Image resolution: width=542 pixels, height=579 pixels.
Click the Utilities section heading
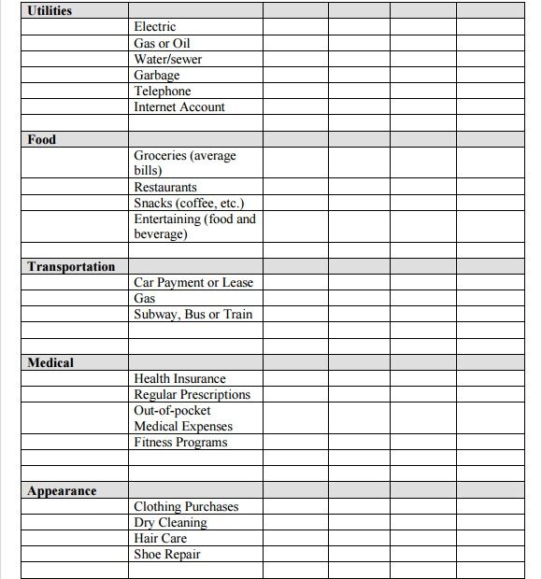[50, 11]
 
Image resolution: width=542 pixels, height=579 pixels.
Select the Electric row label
[154, 27]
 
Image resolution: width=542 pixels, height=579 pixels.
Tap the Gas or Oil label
[163, 43]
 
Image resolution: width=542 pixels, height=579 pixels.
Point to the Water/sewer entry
[167, 59]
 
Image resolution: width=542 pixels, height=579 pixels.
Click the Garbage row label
[156, 75]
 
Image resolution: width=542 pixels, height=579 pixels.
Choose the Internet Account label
[179, 106]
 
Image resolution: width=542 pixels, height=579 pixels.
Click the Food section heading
[42, 139]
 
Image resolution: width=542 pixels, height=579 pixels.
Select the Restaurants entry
[165, 187]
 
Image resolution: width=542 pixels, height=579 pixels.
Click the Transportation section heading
[71, 266]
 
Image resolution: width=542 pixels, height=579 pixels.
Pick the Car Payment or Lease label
[193, 282]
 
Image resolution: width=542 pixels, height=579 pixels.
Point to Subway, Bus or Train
[193, 314]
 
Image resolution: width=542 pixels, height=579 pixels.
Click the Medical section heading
[50, 362]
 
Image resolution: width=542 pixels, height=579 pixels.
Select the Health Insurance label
[179, 378]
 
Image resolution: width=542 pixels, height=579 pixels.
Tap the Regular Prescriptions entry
[192, 394]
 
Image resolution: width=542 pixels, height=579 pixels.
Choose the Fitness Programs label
[180, 442]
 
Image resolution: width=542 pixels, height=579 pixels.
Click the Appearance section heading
[62, 490]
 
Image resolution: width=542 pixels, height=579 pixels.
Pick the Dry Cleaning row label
[170, 522]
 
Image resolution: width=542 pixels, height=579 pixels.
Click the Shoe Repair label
[167, 554]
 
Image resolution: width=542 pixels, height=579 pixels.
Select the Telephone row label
[162, 91]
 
